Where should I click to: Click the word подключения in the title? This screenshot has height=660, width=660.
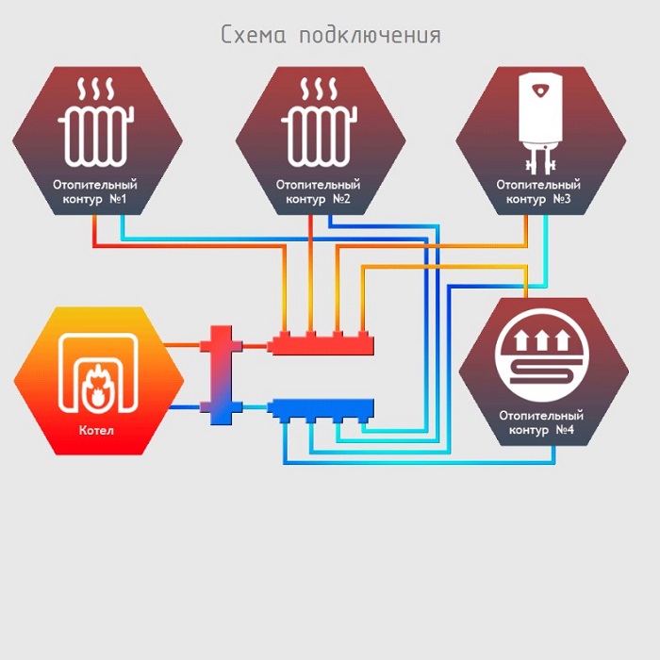(x=369, y=36)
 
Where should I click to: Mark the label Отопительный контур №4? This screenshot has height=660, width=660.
(x=541, y=422)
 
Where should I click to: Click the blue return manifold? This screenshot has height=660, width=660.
(x=321, y=408)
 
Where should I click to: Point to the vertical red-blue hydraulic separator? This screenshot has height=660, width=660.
(x=221, y=374)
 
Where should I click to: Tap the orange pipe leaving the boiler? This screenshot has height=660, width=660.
(x=186, y=344)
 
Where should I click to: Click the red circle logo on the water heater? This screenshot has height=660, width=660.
(x=539, y=91)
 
